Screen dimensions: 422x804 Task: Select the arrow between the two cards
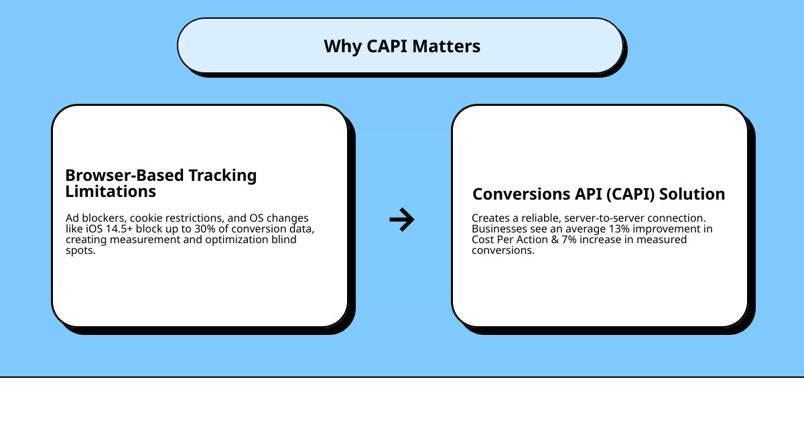(402, 219)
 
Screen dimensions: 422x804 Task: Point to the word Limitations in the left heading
(111, 192)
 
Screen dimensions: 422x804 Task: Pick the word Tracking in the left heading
(222, 175)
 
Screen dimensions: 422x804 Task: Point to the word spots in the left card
(81, 251)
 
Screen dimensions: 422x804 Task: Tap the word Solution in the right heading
(693, 194)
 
